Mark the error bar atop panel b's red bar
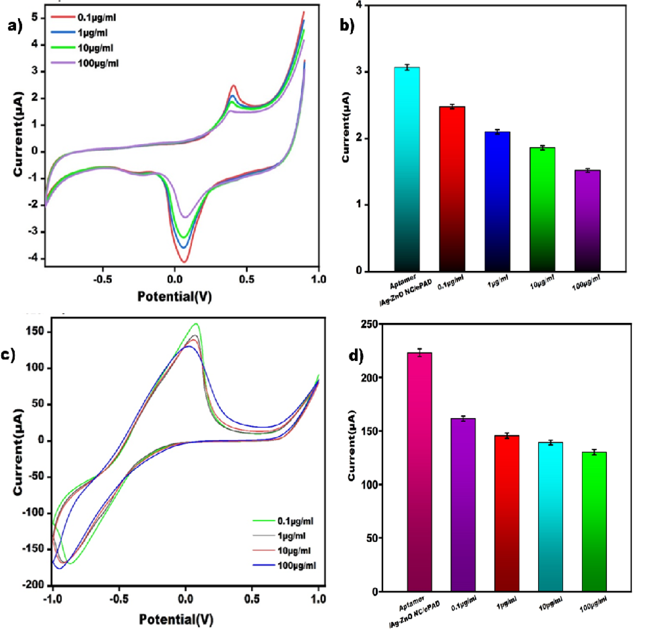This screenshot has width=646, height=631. point(452,107)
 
